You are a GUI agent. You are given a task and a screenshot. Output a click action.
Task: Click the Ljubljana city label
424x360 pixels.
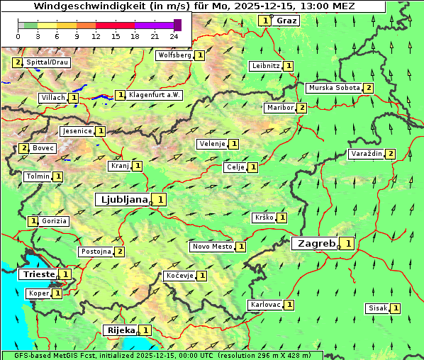123,200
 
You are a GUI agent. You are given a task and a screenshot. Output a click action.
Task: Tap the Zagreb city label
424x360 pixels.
316,244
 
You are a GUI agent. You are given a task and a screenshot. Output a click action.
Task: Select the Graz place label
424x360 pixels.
286,21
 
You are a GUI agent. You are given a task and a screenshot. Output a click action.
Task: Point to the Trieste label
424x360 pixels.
38,274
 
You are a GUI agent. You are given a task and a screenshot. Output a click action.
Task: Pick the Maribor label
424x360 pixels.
280,108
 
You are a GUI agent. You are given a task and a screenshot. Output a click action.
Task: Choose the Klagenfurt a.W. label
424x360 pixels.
155,94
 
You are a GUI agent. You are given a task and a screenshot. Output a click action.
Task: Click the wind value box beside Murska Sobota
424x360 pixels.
368,88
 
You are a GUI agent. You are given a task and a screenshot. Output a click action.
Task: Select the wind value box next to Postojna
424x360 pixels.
120,252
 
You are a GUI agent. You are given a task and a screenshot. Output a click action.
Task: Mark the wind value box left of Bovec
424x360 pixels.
24,148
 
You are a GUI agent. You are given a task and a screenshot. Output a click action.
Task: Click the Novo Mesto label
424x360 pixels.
212,247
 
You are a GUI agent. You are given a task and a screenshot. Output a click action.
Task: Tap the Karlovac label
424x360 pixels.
266,305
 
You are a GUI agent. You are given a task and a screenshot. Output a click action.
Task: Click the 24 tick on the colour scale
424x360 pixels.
174,35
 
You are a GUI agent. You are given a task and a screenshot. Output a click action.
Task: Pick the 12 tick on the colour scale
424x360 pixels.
96,35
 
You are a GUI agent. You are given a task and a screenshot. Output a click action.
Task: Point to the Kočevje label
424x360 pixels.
179,275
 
